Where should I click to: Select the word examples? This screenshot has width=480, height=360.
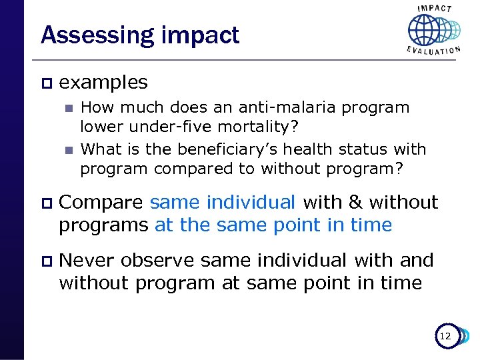click(x=103, y=83)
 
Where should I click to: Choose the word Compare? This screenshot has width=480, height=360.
click(x=101, y=203)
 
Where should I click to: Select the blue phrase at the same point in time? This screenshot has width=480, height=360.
click(x=273, y=225)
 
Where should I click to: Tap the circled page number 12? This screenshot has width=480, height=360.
click(x=445, y=337)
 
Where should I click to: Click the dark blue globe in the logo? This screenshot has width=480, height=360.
click(x=424, y=30)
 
